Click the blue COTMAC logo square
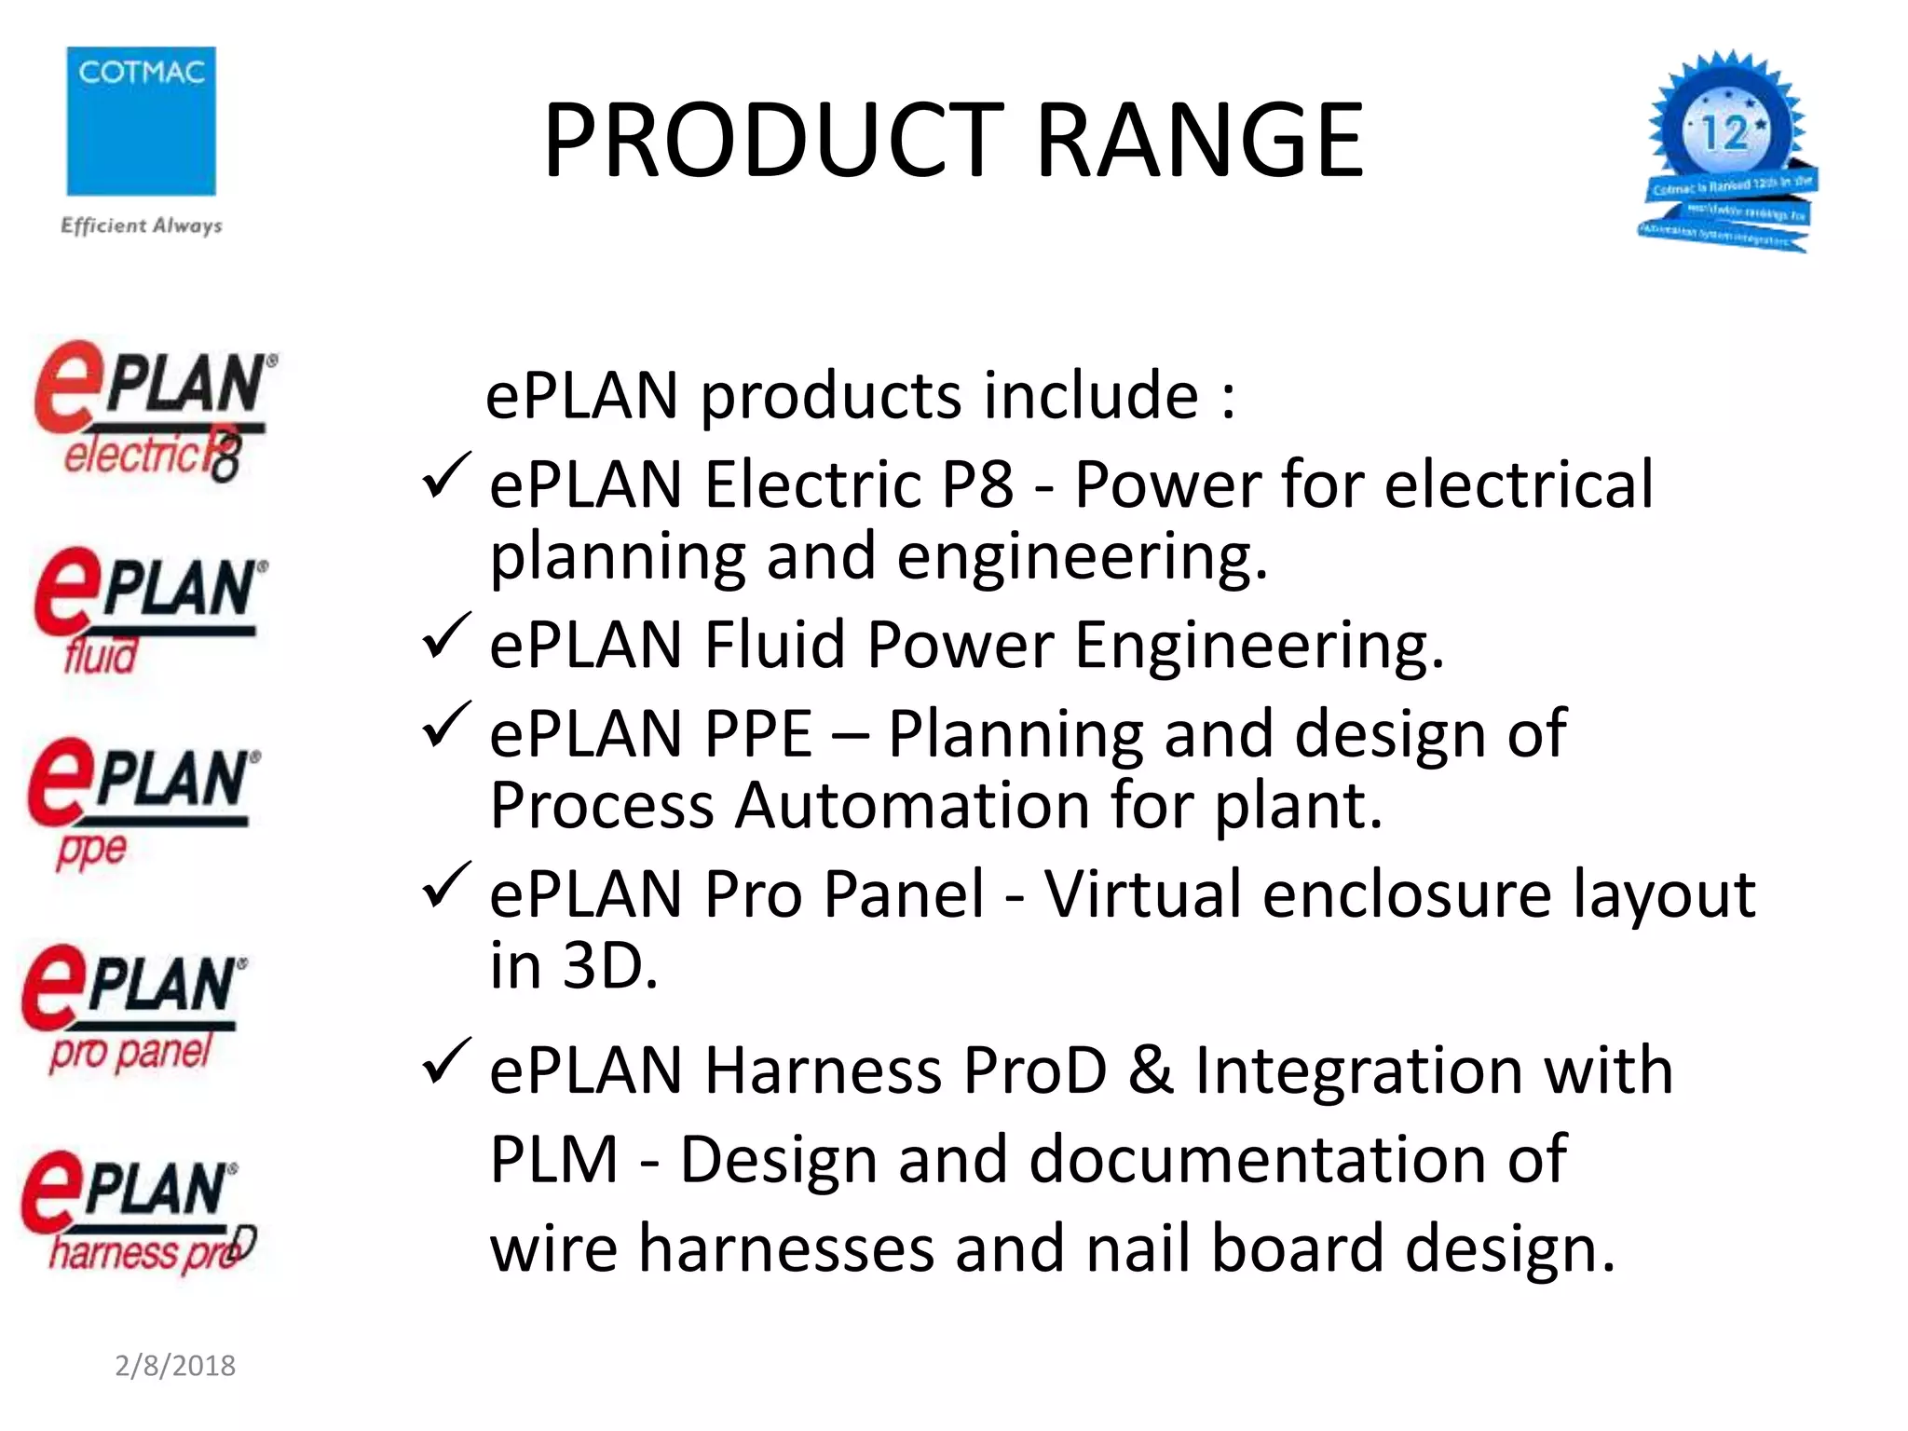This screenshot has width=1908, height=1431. point(141,121)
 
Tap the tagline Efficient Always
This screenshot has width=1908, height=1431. point(142,225)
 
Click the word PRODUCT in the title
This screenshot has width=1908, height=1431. point(773,141)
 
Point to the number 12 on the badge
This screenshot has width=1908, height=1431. point(1724,133)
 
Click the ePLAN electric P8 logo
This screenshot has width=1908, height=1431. point(154,411)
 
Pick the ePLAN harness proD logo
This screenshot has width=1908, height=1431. point(135,1211)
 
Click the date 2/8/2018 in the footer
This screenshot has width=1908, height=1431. point(175,1366)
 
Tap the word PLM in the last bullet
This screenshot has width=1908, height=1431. point(554,1160)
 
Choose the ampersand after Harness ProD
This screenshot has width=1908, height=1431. point(1151,1070)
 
